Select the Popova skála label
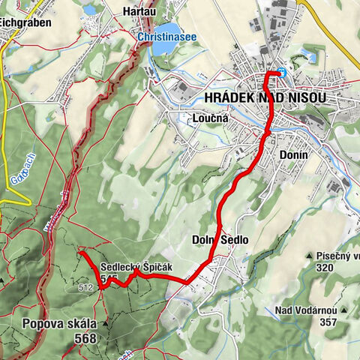pyautogui.click(x=59, y=324)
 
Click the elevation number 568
pyautogui.click(x=85, y=339)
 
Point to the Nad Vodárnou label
pyautogui.click(x=304, y=310)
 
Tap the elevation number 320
pyautogui.click(x=324, y=268)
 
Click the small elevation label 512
pyautogui.click(x=85, y=286)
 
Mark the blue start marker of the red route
pyautogui.click(x=280, y=73)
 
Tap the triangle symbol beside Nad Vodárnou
pyautogui.click(x=343, y=309)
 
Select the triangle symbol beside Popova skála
pyautogui.click(x=105, y=323)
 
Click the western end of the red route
pyautogui.click(x=80, y=254)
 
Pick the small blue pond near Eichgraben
pyautogui.click(x=89, y=10)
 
